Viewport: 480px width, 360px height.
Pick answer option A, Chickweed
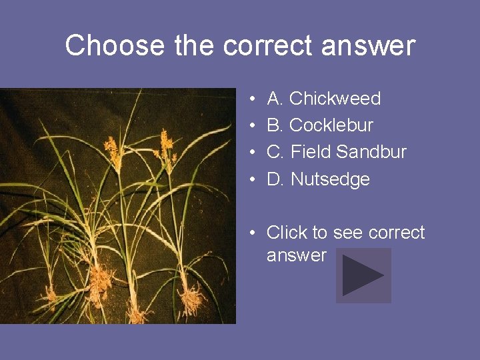point(323,99)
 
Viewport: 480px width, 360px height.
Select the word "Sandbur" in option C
point(371,152)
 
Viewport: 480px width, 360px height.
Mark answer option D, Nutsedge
point(318,179)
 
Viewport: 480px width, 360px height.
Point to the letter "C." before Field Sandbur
point(276,152)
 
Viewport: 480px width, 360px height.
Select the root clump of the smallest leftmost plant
point(50,293)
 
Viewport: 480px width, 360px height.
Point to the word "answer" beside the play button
point(297,255)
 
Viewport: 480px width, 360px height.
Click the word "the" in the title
point(193,46)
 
